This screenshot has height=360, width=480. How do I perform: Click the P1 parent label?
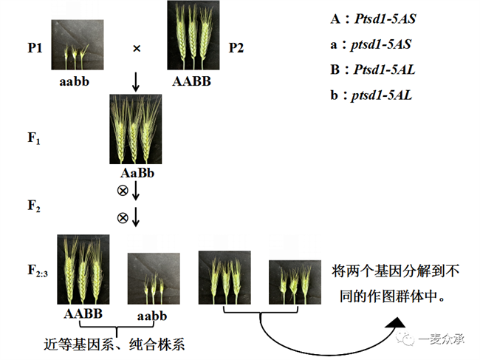[x=34, y=48]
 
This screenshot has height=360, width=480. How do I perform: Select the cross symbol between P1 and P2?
[x=137, y=49]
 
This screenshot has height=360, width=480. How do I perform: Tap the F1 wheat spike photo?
[x=136, y=129]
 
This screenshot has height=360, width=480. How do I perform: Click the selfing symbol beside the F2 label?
[x=123, y=218]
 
